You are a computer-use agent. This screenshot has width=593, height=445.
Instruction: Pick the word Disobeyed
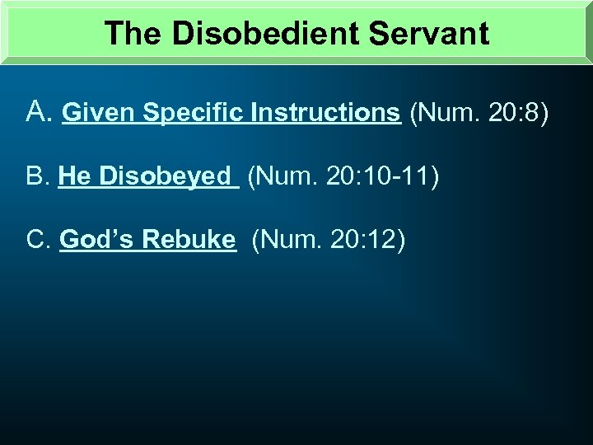[x=165, y=176]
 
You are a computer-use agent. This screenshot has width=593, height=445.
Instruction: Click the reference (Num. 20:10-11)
[x=343, y=176]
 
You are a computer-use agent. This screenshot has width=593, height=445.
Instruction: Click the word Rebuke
[x=189, y=239]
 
